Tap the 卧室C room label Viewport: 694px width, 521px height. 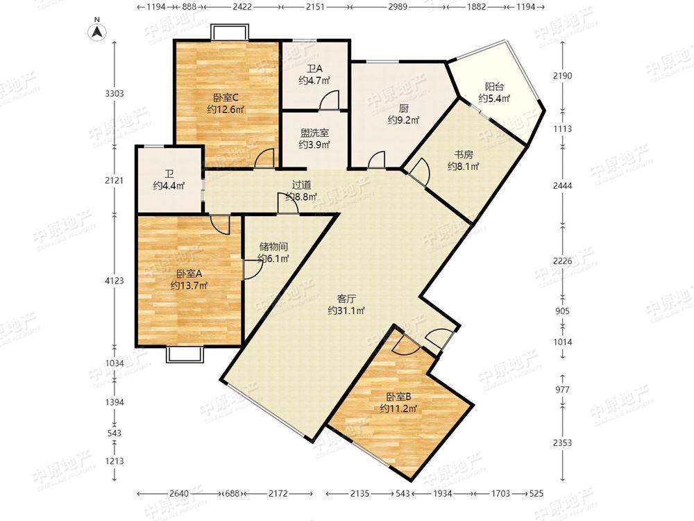(226, 97)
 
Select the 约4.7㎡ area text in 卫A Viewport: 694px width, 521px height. (314, 81)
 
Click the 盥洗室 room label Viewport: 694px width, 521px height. (314, 133)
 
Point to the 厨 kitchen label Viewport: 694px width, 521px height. (403, 108)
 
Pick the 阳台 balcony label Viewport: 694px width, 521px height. (494, 87)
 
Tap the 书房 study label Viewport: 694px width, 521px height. (464, 155)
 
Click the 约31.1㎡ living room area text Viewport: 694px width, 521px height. (346, 311)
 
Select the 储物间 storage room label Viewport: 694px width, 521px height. (273, 247)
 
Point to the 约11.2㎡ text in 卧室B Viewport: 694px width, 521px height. (398, 408)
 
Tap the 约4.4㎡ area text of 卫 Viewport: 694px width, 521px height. (169, 185)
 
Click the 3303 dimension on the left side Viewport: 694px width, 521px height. (115, 94)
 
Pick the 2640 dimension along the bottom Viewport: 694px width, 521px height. (179, 493)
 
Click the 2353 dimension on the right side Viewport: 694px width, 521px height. (562, 443)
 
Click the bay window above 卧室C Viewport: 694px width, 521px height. (229, 33)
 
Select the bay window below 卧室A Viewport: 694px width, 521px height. (185, 354)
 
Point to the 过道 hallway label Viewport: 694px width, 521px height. (301, 185)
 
